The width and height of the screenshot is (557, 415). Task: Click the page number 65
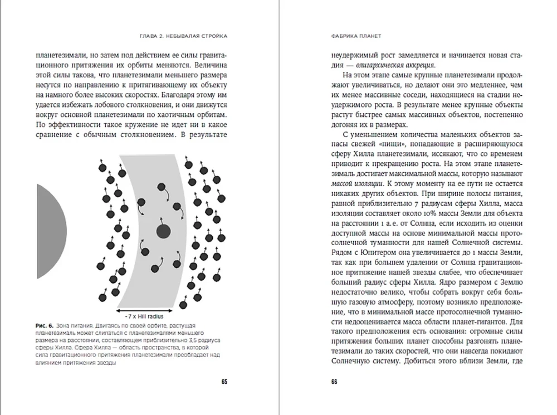tap(224, 382)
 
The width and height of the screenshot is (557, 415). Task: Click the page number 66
tap(334, 382)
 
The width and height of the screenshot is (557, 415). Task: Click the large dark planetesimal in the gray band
tap(163, 231)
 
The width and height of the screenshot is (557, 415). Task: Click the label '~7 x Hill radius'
tap(148, 315)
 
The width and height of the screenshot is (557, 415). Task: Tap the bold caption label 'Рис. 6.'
tap(45, 325)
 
